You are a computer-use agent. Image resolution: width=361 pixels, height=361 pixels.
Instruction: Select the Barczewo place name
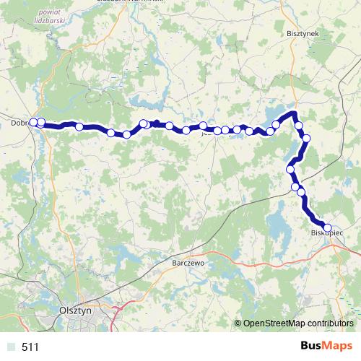190,264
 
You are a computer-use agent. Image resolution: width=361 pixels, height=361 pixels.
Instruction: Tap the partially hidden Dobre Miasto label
19,123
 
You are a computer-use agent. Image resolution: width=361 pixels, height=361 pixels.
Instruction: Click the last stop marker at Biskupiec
327,227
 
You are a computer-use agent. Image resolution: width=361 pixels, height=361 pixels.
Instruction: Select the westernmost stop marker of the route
33,122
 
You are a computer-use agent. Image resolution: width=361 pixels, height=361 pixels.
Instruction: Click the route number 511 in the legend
30,347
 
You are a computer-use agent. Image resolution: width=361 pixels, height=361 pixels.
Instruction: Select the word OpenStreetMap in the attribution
274,323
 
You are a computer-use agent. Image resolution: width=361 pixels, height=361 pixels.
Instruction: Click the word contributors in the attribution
330,323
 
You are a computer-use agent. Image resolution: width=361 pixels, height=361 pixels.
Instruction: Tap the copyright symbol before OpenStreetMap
238,323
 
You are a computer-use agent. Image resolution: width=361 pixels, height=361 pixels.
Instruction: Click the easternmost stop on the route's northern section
306,138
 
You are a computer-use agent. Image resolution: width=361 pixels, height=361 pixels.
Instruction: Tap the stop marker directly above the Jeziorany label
204,126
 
